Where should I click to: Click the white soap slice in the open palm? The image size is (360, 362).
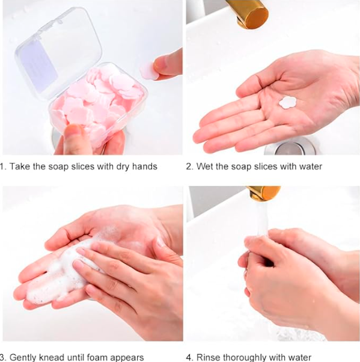pyautogui.click(x=289, y=102)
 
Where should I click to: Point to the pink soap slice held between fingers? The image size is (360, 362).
pyautogui.click(x=148, y=70)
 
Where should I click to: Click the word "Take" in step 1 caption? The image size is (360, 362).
pyautogui.click(x=22, y=166)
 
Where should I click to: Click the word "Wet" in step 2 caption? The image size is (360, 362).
pyautogui.click(x=205, y=166)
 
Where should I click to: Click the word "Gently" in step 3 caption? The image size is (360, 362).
pyautogui.click(x=24, y=357)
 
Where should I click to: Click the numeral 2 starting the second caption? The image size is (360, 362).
pyautogui.click(x=189, y=166)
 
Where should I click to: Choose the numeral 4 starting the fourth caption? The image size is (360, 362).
pyautogui.click(x=189, y=357)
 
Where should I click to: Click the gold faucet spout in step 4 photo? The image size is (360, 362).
pyautogui.click(x=263, y=193)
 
